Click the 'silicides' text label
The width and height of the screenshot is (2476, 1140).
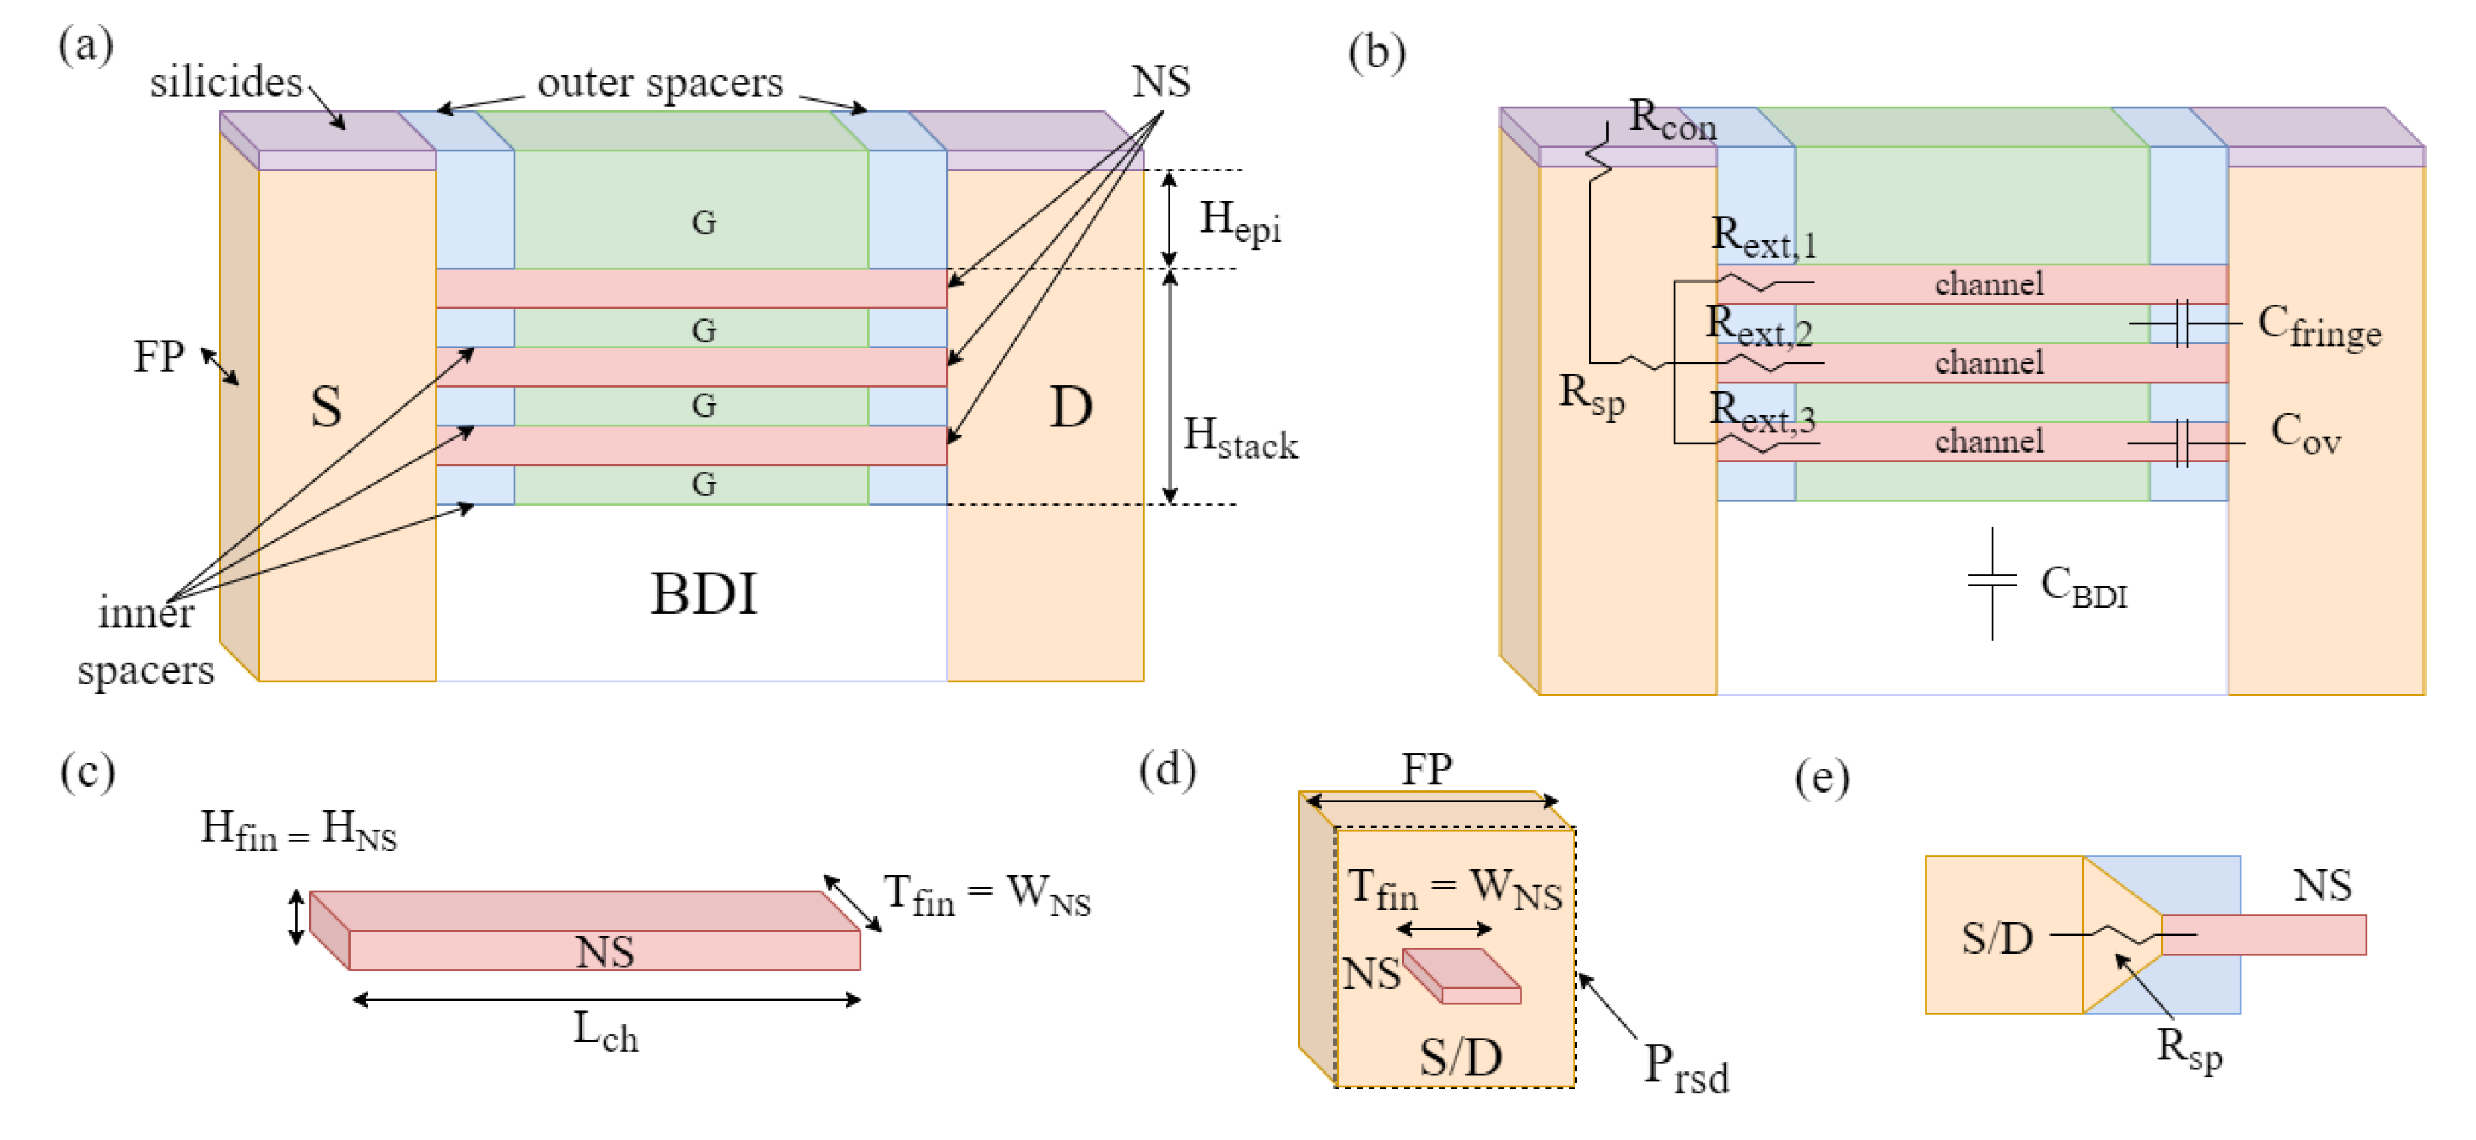[226, 83]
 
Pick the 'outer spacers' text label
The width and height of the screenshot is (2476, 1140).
[659, 83]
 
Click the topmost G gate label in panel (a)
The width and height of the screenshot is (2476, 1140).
[703, 223]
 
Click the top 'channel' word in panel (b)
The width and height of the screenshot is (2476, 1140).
[1989, 285]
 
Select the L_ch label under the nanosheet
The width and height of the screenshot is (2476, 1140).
[606, 1033]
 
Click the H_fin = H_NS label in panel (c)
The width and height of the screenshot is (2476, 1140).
[298, 831]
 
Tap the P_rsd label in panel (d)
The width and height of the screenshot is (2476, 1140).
[1685, 1068]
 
